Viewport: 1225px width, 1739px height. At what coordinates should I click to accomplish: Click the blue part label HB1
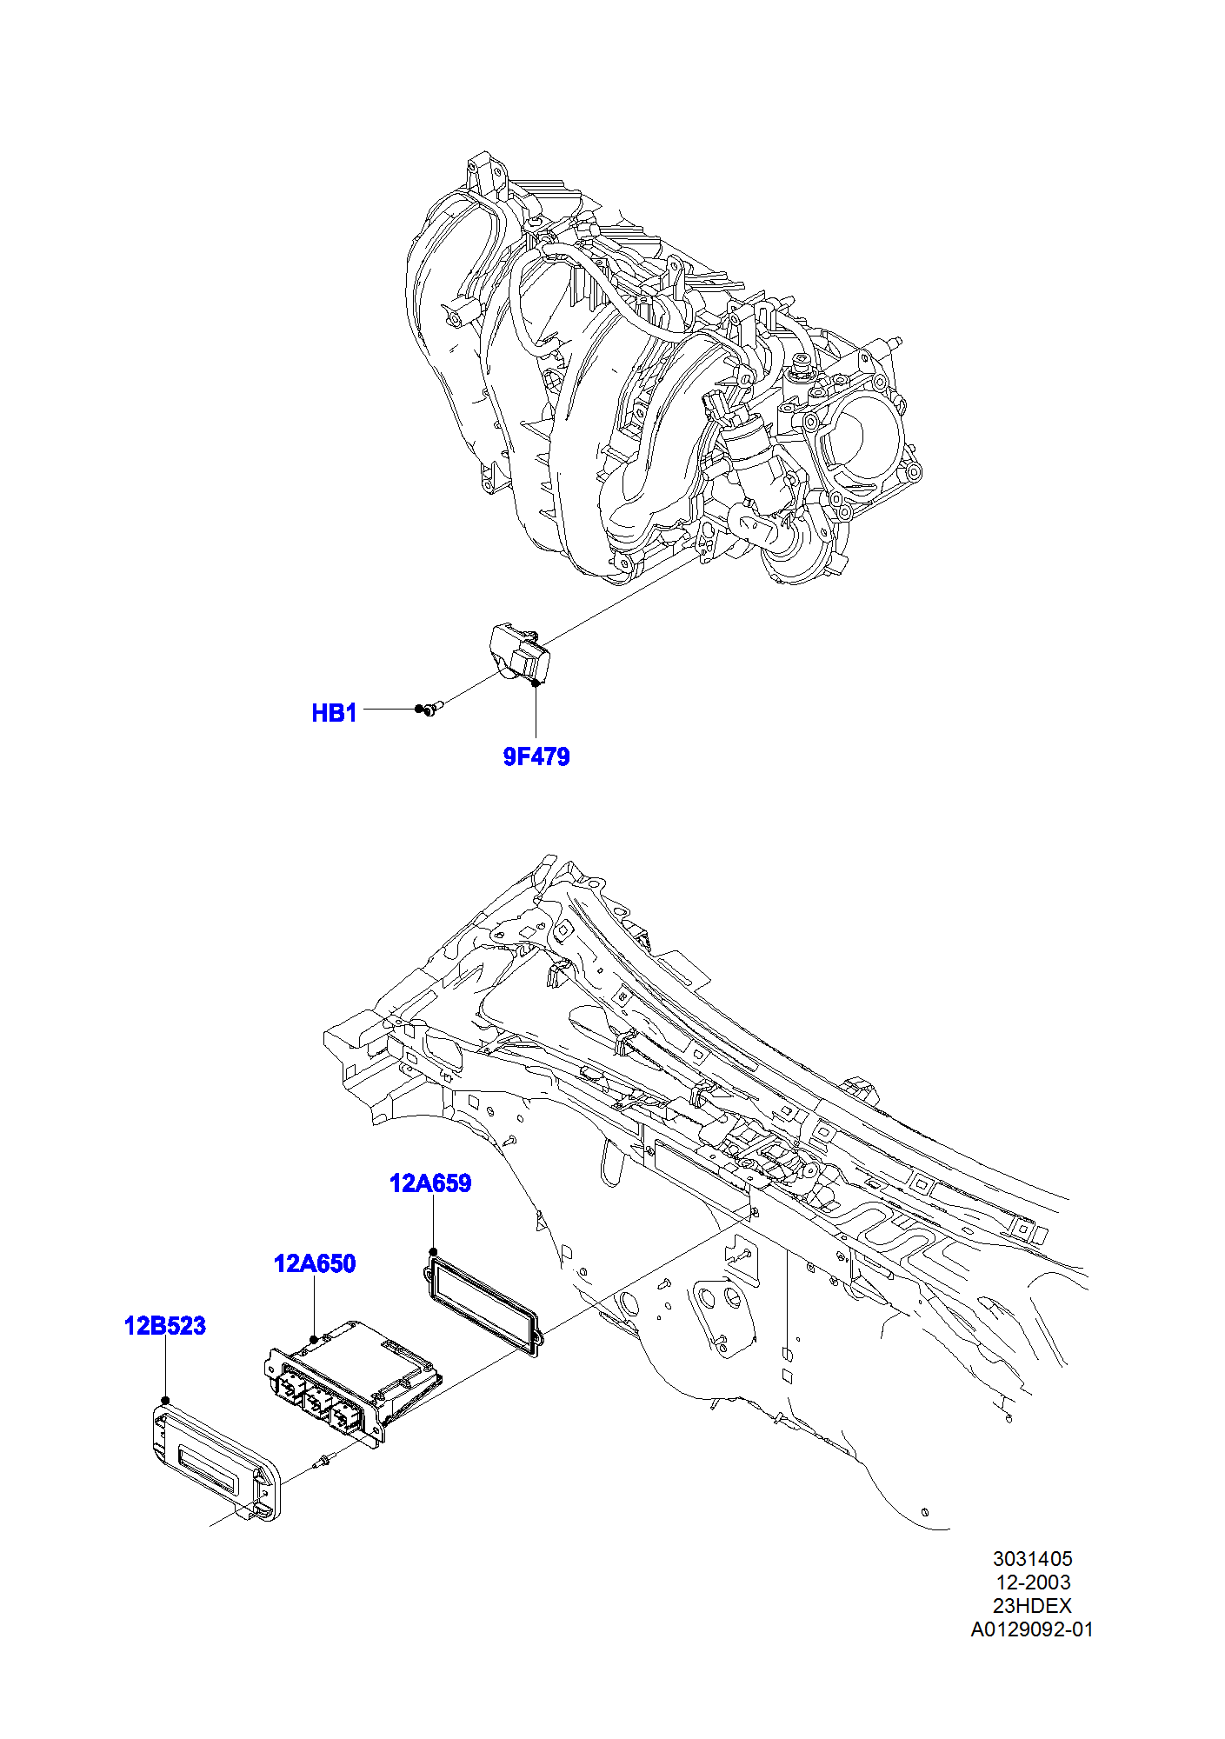334,713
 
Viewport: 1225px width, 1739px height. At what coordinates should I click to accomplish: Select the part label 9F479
536,756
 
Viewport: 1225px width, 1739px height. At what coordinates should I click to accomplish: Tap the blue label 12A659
430,1183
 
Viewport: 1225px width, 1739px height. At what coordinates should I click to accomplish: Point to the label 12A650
315,1263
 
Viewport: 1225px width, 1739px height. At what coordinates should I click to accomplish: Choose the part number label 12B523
165,1326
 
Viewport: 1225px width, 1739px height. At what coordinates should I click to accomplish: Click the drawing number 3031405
1033,1559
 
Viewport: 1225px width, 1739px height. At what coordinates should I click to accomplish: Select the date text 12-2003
1033,1582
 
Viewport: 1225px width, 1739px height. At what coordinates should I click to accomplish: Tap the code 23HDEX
1033,1606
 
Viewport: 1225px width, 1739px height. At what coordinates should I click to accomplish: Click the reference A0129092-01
1033,1629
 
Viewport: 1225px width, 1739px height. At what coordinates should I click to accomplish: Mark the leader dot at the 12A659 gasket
433,1252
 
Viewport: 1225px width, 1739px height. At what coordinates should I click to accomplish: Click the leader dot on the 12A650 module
314,1341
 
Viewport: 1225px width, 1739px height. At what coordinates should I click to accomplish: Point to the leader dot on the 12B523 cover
165,1401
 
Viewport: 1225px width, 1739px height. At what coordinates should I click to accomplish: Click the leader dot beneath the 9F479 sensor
536,683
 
